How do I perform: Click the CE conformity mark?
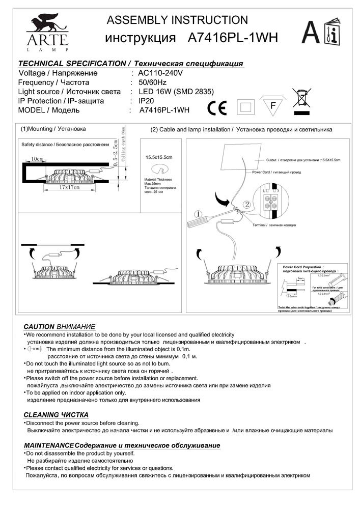(218, 108)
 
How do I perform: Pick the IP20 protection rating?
(147, 101)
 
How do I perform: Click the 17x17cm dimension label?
(69, 187)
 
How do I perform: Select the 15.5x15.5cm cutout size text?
(159, 157)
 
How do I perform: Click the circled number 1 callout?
(199, 214)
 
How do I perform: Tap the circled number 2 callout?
(246, 205)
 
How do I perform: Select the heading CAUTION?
(39, 326)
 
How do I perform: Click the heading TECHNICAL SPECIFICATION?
(71, 64)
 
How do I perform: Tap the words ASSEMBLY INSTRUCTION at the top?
(177, 20)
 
